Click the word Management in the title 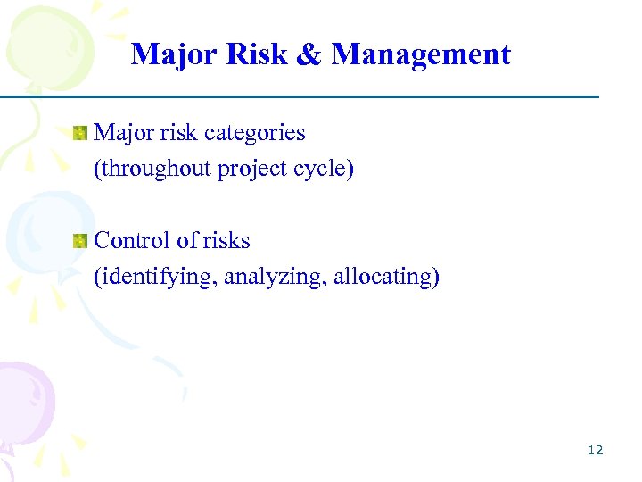click(421, 54)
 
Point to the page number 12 click(596, 450)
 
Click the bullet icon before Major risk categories click(80, 134)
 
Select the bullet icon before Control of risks click(80, 241)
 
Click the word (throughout click(152, 169)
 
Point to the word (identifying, click(156, 277)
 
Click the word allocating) click(387, 277)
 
